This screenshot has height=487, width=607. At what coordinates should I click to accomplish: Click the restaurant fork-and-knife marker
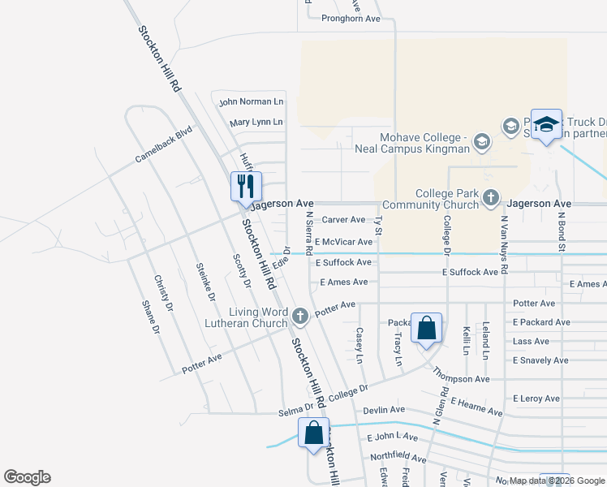pos(246,186)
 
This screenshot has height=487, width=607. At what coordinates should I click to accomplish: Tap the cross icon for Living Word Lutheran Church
pos(299,315)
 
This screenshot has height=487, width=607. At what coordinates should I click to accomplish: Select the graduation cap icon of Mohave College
pos(481,143)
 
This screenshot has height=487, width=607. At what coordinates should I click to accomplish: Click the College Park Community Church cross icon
pos(491,197)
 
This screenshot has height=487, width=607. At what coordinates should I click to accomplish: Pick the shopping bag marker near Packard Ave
pos(427,329)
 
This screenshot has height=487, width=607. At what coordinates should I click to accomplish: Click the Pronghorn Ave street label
pos(351,18)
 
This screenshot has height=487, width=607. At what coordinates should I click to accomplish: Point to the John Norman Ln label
pos(252,101)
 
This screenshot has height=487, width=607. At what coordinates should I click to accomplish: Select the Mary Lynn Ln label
pos(256,122)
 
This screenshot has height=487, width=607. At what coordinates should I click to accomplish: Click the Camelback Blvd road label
pos(164,144)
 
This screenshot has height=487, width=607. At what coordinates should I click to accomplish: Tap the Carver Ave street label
pos(343,220)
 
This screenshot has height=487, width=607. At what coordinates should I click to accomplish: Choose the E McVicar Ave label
pos(344,242)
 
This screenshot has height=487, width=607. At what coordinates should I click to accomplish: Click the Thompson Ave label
pos(461,375)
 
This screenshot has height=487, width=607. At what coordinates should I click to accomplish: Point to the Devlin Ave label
pos(384,410)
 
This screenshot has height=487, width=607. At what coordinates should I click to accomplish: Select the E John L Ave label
pos(391,437)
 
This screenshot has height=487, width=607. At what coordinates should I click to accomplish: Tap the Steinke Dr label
pos(205,282)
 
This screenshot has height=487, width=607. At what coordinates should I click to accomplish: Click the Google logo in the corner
pos(27,477)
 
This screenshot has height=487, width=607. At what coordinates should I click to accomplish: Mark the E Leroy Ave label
pos(536,399)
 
